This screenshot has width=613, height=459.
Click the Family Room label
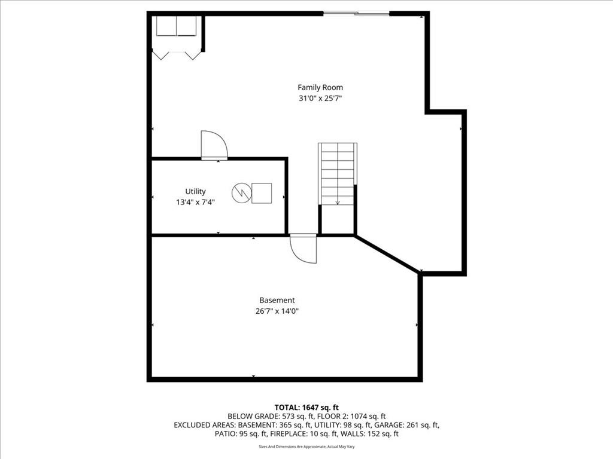click(x=320, y=87)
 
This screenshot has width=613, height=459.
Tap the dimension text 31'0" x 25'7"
click(x=320, y=99)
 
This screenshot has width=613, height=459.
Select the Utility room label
click(x=195, y=191)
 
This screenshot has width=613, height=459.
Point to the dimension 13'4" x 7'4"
click(x=195, y=202)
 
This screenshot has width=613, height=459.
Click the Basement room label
click(x=277, y=300)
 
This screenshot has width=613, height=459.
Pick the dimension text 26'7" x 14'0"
click(x=277, y=311)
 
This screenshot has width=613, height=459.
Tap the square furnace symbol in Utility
click(x=262, y=193)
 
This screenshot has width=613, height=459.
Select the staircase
click(x=338, y=174)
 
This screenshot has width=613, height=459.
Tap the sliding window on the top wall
click(x=356, y=14)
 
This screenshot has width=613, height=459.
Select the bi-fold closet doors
click(x=177, y=56)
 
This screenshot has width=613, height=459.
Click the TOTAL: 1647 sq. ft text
click(x=306, y=408)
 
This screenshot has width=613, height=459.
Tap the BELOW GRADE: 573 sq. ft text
click(x=271, y=417)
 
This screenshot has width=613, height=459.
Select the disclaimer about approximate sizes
click(x=306, y=446)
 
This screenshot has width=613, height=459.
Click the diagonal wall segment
click(x=387, y=253)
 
